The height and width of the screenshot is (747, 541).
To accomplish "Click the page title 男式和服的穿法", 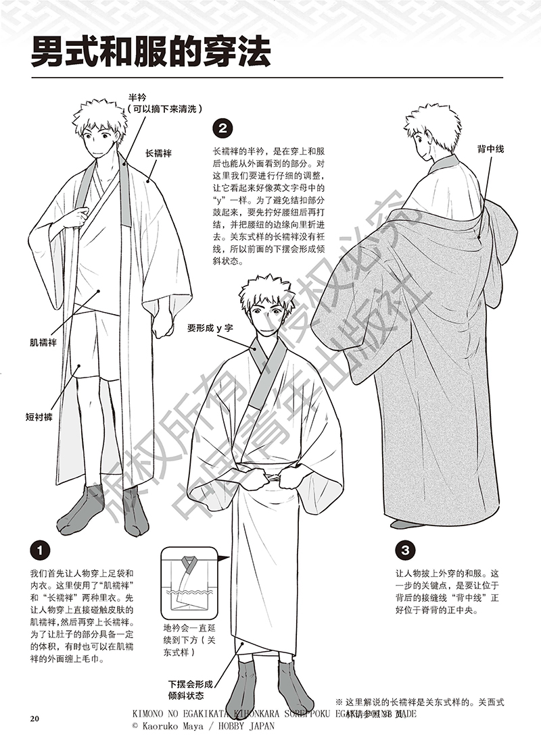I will point(150,53).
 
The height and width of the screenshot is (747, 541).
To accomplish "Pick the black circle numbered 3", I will point(404,549).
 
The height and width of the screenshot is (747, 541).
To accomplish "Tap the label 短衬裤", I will point(39,417).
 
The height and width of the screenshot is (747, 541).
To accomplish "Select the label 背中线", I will point(490,147).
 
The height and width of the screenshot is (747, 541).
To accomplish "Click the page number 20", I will point(34,717).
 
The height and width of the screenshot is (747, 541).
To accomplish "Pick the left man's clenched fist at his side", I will point(162,324).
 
